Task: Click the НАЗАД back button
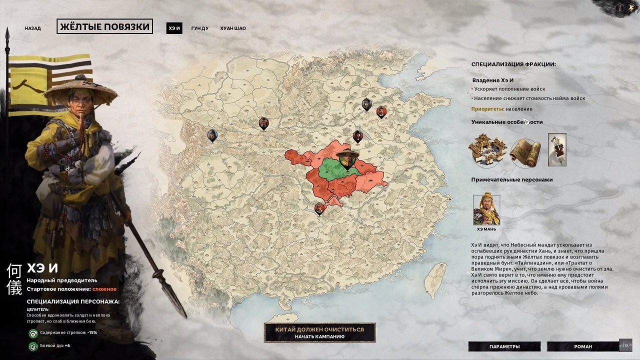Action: coord(32,28)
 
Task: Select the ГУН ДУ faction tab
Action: coord(200,28)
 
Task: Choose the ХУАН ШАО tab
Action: coord(233,28)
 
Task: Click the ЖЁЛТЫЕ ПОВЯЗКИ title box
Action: coord(105,27)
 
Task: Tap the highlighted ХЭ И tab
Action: coord(174,28)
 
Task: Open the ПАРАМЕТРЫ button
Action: coord(504,346)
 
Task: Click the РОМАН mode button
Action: coord(582,346)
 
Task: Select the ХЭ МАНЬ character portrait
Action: coord(486,210)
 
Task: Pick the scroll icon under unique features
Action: coord(525,152)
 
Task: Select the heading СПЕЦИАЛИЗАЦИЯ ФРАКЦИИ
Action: coord(513,64)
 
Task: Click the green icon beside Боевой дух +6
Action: coord(33,346)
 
